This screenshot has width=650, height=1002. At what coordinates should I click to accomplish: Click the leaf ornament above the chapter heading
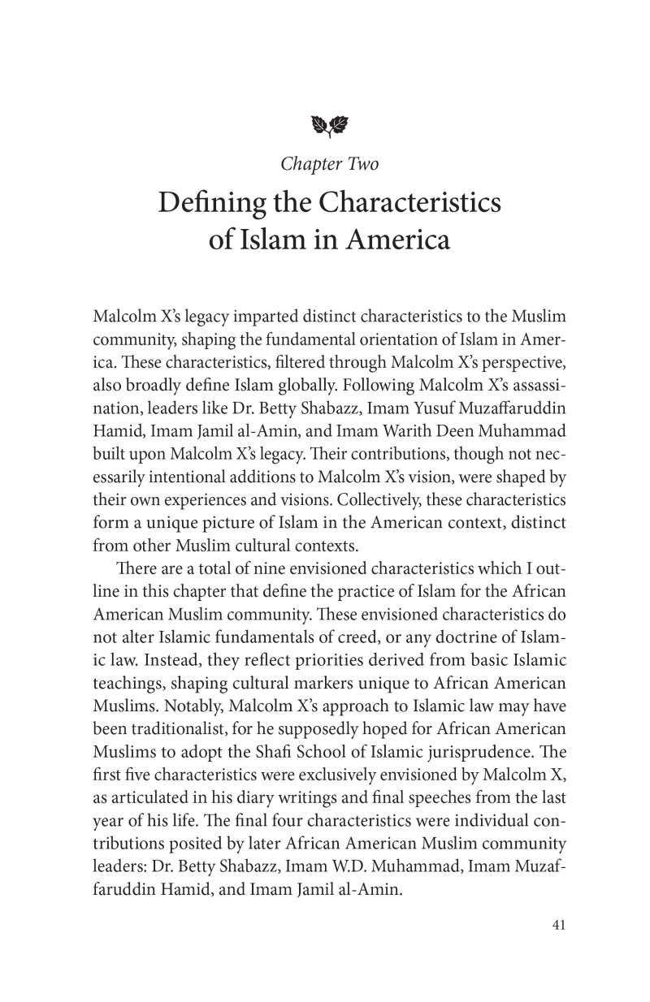tap(329, 125)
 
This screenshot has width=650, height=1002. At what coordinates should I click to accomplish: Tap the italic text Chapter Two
tap(329, 164)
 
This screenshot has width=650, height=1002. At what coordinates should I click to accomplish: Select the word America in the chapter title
tap(400, 241)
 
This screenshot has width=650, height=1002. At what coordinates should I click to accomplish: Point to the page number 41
tap(558, 947)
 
